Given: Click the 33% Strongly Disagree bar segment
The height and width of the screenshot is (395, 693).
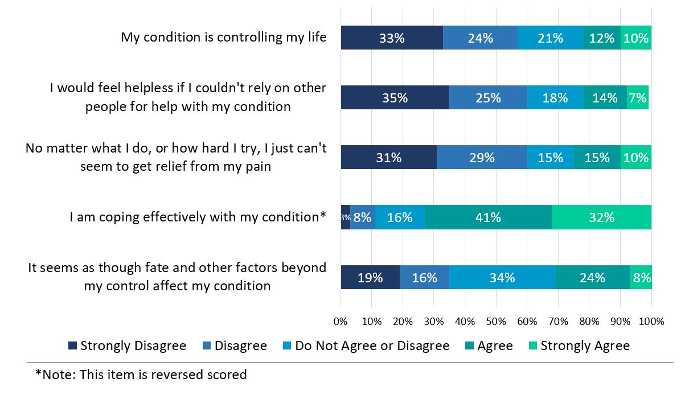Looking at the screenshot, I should (x=392, y=38).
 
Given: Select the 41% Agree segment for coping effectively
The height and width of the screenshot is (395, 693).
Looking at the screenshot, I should (x=488, y=217).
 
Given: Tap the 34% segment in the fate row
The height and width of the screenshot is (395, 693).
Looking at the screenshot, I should (x=502, y=278).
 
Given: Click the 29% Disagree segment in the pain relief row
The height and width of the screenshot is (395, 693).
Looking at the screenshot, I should (x=482, y=158).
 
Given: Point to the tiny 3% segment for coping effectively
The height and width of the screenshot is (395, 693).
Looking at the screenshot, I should (x=345, y=217).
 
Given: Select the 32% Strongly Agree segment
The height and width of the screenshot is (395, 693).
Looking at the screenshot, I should (x=601, y=217).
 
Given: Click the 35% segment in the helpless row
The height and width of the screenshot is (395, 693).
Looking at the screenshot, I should (x=395, y=98).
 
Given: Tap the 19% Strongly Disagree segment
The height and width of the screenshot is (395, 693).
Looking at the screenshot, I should (x=370, y=278).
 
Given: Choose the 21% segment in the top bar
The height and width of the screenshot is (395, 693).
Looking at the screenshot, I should (x=550, y=38).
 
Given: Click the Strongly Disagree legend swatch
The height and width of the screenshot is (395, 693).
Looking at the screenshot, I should (x=72, y=346).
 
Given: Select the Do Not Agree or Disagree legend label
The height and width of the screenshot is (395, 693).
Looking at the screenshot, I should (x=372, y=346).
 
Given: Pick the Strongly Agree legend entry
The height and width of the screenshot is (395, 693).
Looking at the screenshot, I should (x=585, y=346).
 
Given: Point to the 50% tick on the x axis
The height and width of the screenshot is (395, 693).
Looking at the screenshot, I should (x=496, y=322).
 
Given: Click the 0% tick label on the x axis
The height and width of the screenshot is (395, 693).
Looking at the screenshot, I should (x=341, y=322).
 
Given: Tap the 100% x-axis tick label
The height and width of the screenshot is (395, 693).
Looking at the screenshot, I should (x=651, y=322).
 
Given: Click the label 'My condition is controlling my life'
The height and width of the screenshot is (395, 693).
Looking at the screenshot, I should (x=224, y=38).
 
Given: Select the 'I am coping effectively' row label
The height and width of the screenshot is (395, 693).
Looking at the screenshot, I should (x=198, y=217).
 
